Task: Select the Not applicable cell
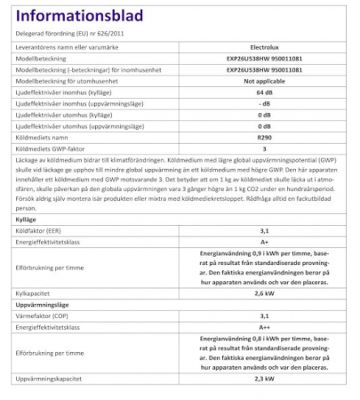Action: pos(262,79)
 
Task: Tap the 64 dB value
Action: pos(262,92)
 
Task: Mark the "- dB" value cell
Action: pos(262,104)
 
